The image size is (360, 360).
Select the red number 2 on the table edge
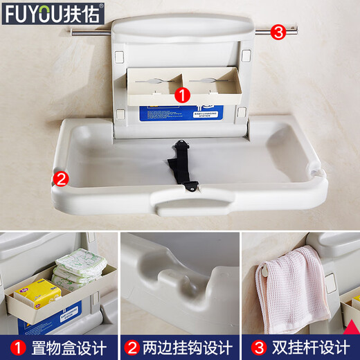[61, 179]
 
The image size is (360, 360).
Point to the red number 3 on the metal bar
[278, 32]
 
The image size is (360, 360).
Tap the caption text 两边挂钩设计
[188, 346]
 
